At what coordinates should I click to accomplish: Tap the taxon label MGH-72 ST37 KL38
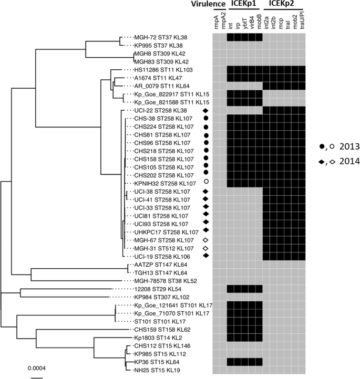pyautogui.click(x=161, y=37)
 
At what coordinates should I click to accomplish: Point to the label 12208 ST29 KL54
pyautogui.click(x=158, y=289)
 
